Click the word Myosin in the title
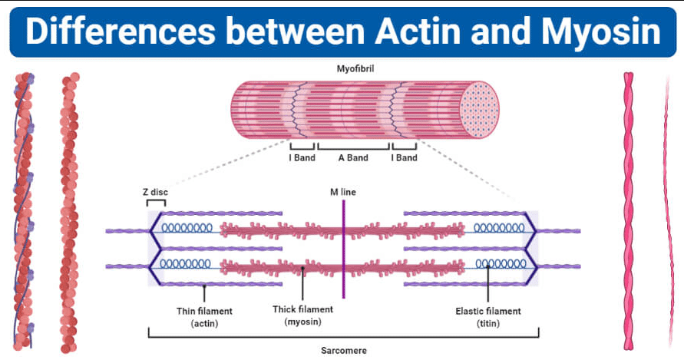coord(601,33)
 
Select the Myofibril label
coord(355,68)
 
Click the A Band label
coord(353,157)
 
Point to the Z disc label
coord(155,192)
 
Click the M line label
coord(343,192)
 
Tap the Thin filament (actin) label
coord(204,317)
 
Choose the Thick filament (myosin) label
coord(302,315)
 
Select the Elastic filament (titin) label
coord(488,317)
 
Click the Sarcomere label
coord(344,350)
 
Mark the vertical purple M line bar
coord(344,249)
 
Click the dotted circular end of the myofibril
coord(479,110)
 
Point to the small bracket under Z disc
coord(156,202)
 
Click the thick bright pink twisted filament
coord(628,211)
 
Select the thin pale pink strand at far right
coord(668,211)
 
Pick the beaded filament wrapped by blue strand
coord(23,212)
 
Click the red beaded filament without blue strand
coord(69,213)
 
